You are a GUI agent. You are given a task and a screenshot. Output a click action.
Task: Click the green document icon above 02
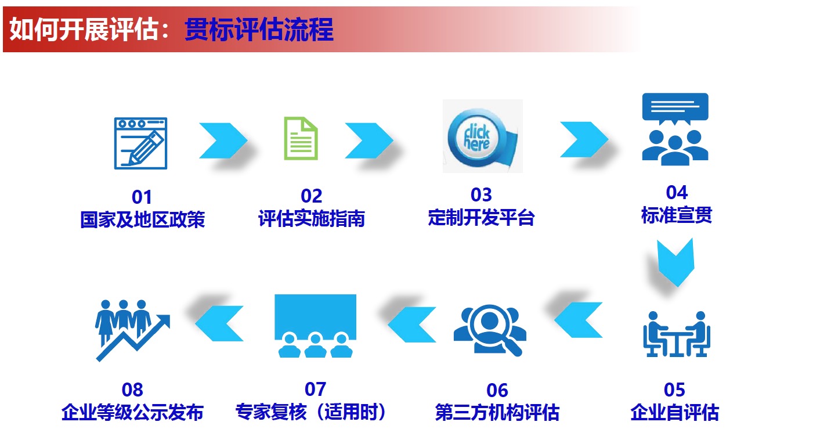301,138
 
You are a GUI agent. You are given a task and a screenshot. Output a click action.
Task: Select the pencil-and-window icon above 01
140,143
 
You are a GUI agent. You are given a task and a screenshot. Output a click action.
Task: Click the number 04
677,192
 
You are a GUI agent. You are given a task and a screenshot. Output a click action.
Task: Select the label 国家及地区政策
142,221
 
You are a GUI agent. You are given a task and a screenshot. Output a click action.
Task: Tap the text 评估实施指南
311,219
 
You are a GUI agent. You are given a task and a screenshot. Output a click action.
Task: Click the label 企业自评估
674,413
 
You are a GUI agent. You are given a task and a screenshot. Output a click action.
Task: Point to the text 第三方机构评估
497,413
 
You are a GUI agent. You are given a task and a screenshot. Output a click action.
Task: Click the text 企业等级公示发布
132,413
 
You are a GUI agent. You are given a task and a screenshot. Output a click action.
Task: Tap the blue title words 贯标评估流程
259,30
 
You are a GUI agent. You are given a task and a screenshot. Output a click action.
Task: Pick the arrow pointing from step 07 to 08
219,323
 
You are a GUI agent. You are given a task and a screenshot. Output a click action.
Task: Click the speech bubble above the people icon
675,108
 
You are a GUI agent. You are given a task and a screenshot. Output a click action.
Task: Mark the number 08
132,390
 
